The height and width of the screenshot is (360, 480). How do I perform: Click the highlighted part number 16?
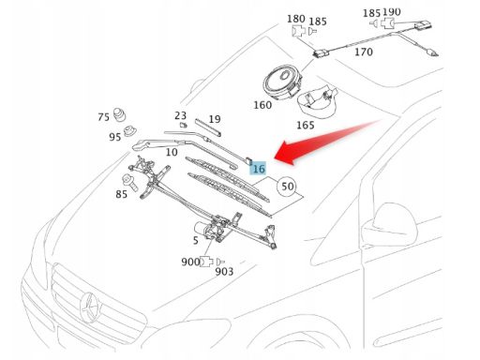(260, 168)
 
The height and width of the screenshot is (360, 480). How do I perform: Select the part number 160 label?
(262, 105)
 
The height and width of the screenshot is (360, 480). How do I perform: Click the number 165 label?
(306, 125)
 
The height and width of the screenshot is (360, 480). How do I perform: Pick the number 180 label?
(295, 19)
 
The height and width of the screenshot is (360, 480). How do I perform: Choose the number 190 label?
(391, 12)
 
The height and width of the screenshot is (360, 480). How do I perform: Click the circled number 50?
(288, 186)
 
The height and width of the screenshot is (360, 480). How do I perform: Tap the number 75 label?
(103, 117)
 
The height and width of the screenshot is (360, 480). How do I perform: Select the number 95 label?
(114, 137)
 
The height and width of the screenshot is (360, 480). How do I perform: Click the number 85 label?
(122, 194)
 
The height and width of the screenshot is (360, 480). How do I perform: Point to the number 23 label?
(181, 115)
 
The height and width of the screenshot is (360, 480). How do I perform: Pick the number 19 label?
(215, 119)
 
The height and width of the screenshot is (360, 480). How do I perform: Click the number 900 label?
(190, 262)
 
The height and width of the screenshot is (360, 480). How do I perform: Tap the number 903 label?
(224, 272)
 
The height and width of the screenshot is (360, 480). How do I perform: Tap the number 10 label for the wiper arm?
(172, 152)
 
